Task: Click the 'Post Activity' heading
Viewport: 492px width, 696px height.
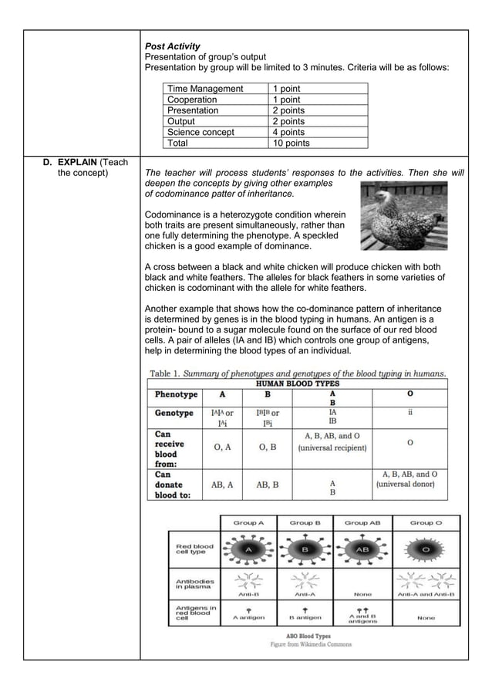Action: pos(173,46)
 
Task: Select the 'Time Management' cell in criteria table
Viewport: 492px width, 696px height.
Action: pos(205,89)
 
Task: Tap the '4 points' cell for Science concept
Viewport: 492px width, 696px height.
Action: pos(292,132)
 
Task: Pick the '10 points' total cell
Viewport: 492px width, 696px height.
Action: pos(294,143)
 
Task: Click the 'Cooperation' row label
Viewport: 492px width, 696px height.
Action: pos(193,100)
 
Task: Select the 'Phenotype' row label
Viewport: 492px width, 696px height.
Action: pos(177,394)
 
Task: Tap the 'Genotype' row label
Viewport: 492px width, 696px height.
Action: pos(174,413)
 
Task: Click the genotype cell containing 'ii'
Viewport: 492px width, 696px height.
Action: pos(409,413)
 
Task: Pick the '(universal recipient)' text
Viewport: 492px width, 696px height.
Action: pos(332,448)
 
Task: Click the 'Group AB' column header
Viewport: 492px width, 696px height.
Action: pos(362,522)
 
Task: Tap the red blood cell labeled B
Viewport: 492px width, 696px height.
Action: pos(305,550)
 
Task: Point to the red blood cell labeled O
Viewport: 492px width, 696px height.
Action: pos(426,550)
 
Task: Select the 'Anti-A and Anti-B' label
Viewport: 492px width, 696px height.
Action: pos(426,594)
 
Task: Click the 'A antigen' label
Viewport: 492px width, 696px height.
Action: pos(248,617)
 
